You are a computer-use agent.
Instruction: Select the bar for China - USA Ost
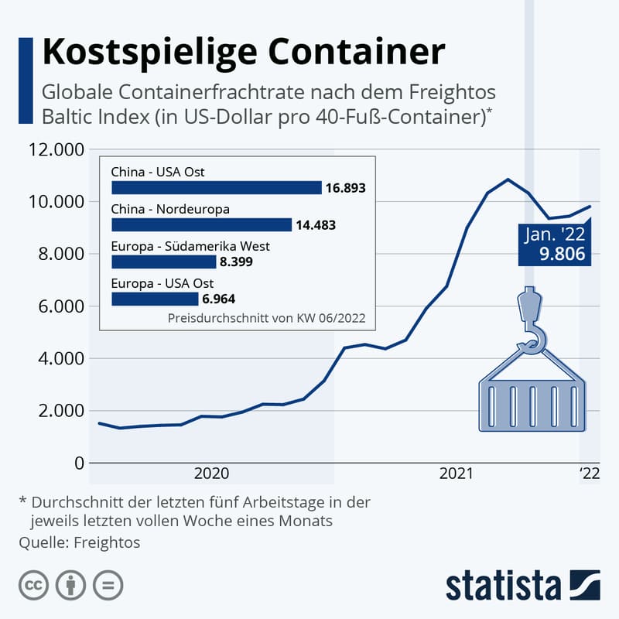click(x=216, y=187)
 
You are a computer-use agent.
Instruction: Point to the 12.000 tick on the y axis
click(x=56, y=149)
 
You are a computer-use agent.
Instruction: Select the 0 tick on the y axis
click(x=78, y=463)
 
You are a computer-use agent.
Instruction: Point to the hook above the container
click(x=532, y=325)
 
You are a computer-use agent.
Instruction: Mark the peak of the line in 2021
click(x=508, y=180)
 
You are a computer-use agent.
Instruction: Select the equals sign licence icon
click(x=108, y=584)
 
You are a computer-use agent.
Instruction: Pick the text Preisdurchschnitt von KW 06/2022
click(x=265, y=317)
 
